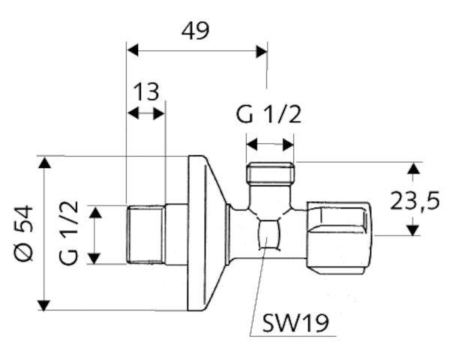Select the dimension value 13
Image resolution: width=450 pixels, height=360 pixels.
(147, 92)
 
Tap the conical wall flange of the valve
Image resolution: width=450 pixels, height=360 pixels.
(206, 232)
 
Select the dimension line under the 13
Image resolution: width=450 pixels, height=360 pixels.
(146, 113)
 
